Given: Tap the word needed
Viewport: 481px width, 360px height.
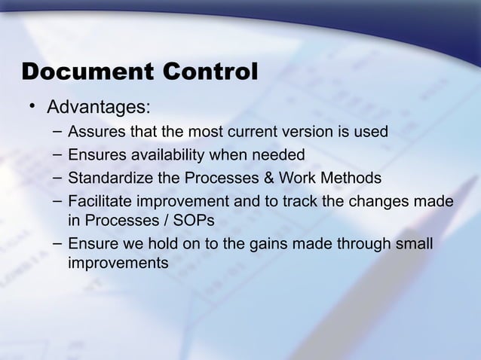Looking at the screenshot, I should coord(276,155).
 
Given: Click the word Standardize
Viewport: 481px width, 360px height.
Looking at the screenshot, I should coord(109,178).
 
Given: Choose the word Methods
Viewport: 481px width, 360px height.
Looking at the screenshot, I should coord(351,178).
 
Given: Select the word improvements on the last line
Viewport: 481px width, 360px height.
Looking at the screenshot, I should coord(118,264).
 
